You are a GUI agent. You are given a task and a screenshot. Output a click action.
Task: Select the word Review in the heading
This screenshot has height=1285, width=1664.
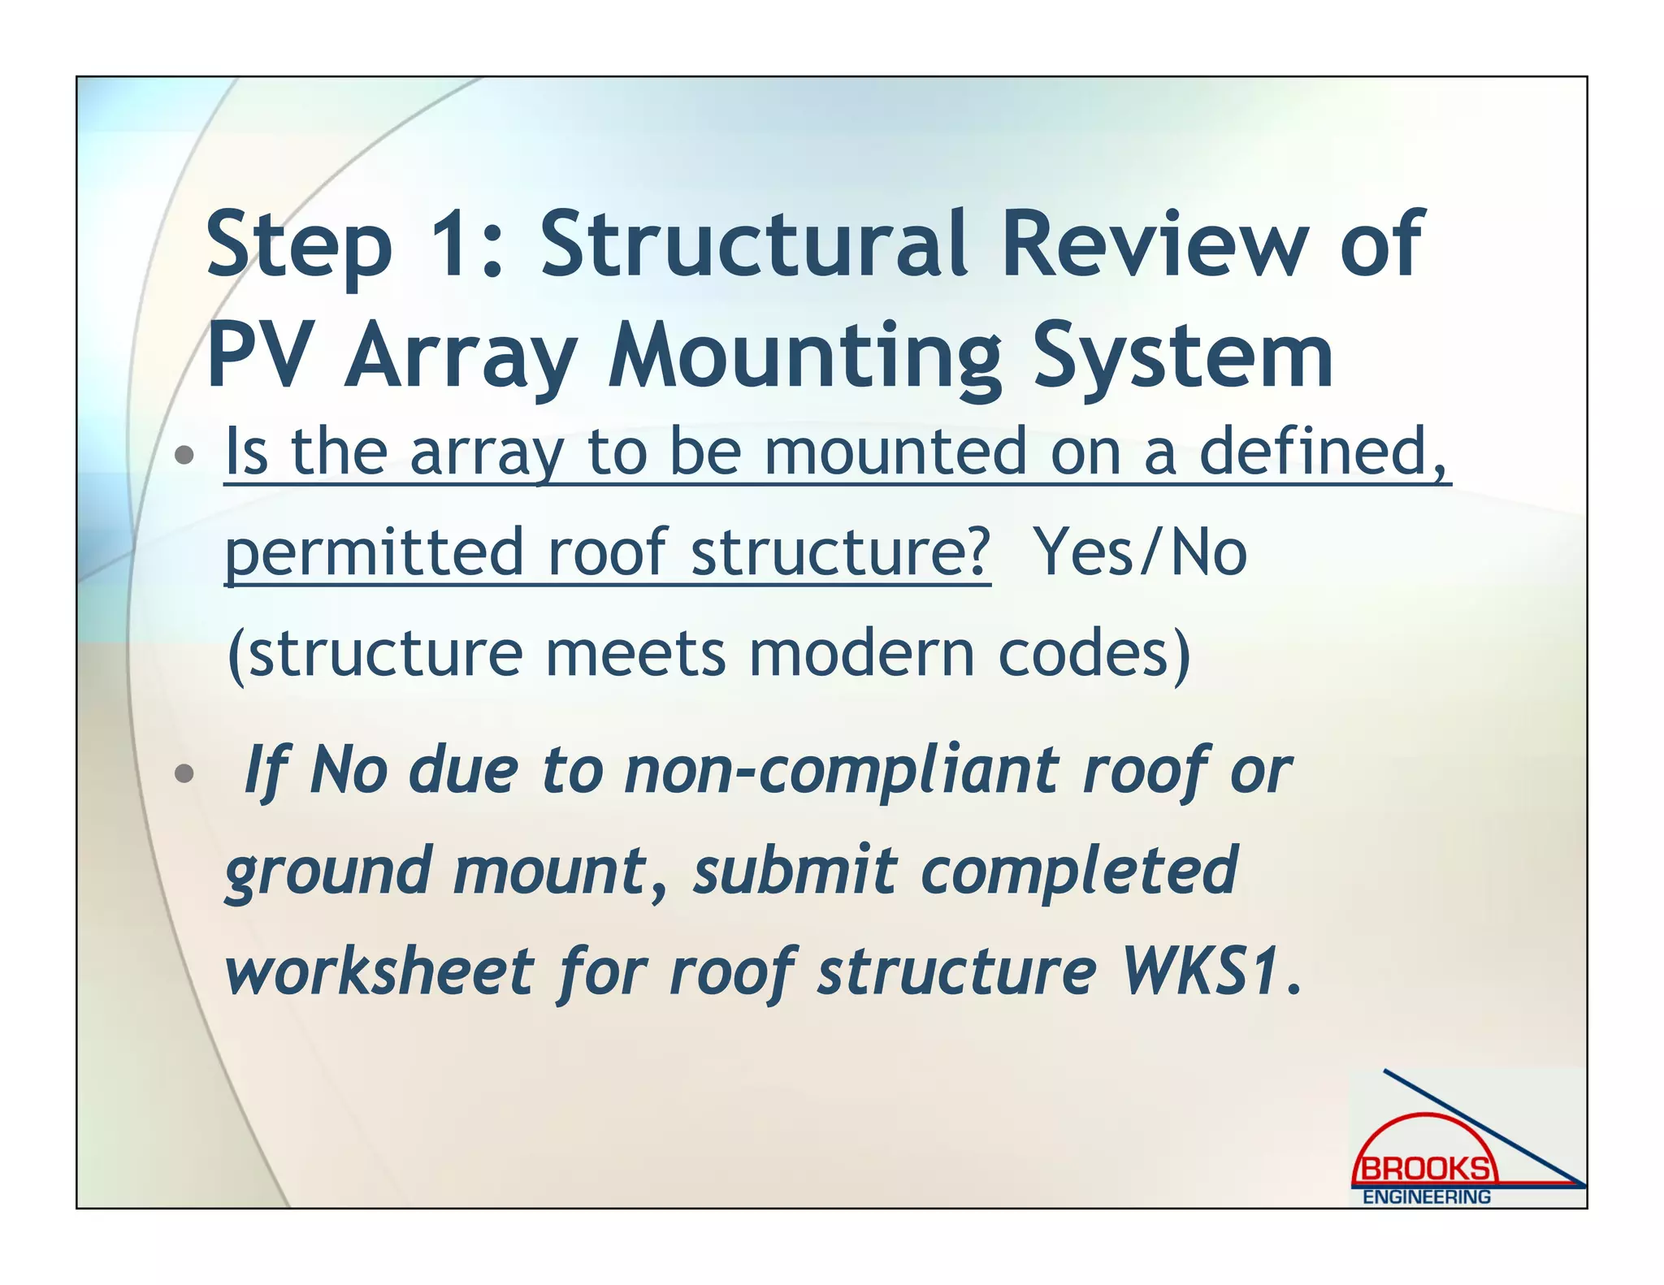[x=1154, y=244]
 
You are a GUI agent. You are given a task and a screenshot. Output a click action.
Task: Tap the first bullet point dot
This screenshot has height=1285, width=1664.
[x=184, y=454]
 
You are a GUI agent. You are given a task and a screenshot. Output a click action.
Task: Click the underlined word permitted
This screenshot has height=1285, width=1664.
[x=374, y=552]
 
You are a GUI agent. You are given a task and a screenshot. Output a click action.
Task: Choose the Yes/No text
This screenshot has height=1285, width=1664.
[x=1141, y=552]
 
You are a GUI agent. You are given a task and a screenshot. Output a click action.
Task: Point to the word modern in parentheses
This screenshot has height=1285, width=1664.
[x=861, y=654]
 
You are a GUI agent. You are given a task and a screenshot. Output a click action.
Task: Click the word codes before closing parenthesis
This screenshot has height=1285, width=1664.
[x=1085, y=654]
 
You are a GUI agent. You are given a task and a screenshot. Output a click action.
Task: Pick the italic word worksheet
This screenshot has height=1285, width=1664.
[x=379, y=971]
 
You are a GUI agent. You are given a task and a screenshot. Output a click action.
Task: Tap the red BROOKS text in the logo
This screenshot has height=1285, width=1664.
[x=1425, y=1170]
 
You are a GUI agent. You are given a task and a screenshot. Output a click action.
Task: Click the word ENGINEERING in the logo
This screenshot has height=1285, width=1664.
[x=1426, y=1197]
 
